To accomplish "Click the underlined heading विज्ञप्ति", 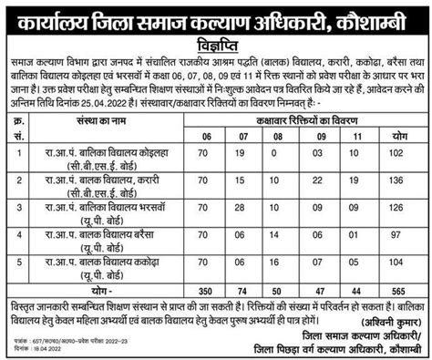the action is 216,40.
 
